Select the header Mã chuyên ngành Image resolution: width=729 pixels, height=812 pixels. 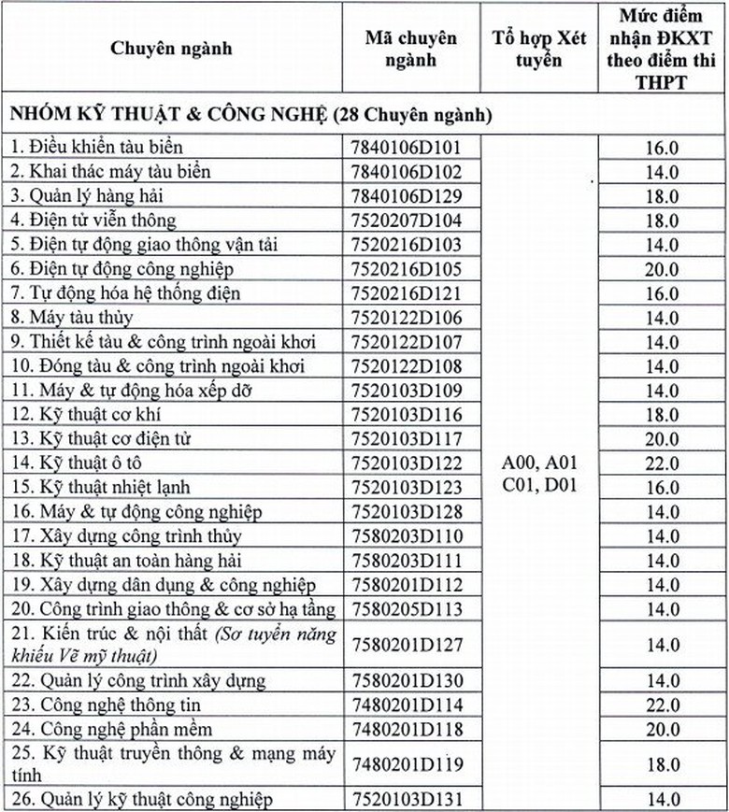(x=410, y=50)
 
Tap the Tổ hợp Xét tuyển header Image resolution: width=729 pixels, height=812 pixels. (x=538, y=50)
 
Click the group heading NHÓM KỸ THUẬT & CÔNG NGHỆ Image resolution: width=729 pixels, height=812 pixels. (x=250, y=116)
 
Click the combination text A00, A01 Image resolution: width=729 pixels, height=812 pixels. (x=539, y=462)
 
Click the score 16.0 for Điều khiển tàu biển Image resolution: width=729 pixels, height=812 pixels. (x=661, y=148)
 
